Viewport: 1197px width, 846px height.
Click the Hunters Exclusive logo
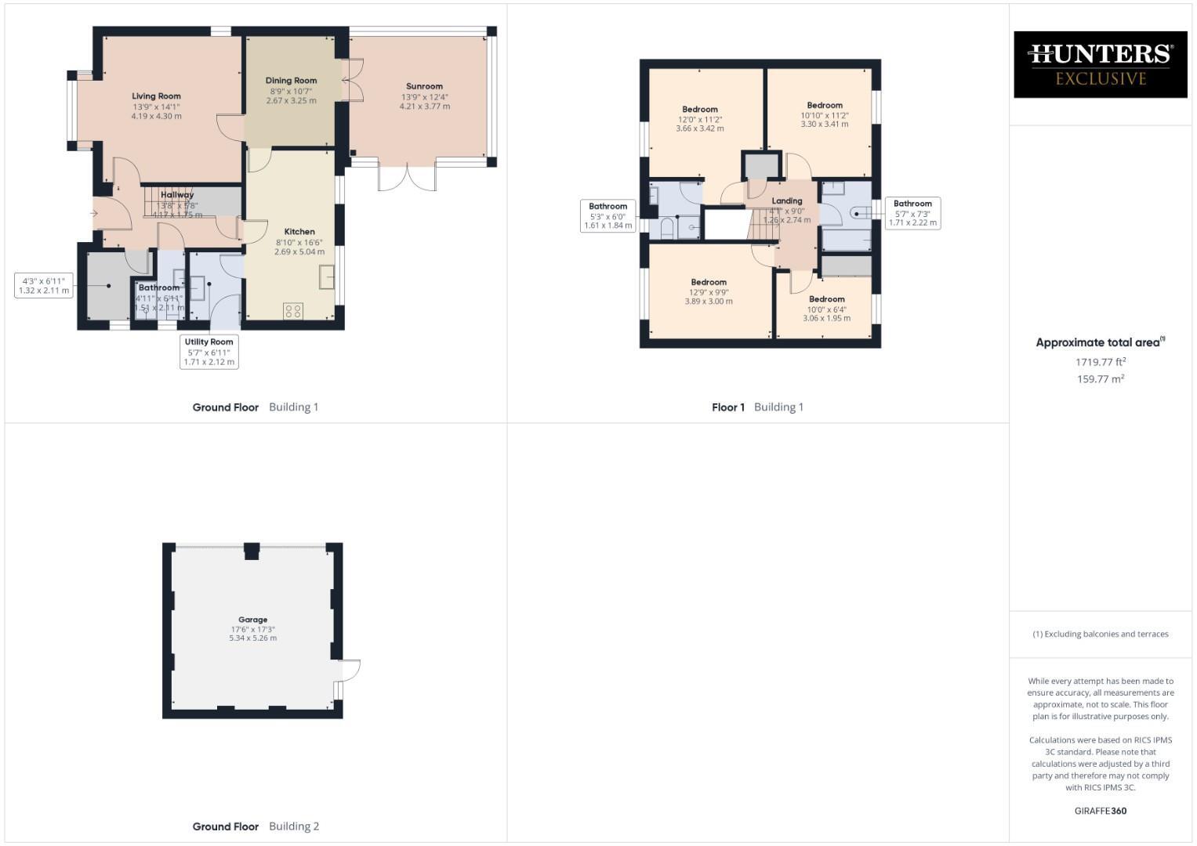[1100, 64]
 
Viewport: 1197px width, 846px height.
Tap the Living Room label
[156, 96]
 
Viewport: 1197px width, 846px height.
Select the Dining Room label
[291, 81]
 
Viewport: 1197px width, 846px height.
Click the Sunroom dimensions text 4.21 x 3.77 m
[424, 107]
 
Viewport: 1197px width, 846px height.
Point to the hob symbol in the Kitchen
[293, 311]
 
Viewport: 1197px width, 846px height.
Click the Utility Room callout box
[209, 352]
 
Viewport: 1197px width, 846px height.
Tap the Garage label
[252, 620]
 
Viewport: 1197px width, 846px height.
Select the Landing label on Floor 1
[786, 201]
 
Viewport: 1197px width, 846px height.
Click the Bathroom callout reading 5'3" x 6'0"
[608, 216]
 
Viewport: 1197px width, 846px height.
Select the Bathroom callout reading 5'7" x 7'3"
[912, 213]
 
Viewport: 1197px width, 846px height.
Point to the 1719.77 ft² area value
[1100, 362]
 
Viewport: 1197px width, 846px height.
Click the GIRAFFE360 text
[1100, 811]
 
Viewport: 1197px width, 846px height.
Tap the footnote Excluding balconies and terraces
[1100, 634]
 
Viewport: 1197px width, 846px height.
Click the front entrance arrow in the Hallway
[94, 213]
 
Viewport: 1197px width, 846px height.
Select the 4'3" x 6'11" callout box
[44, 285]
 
